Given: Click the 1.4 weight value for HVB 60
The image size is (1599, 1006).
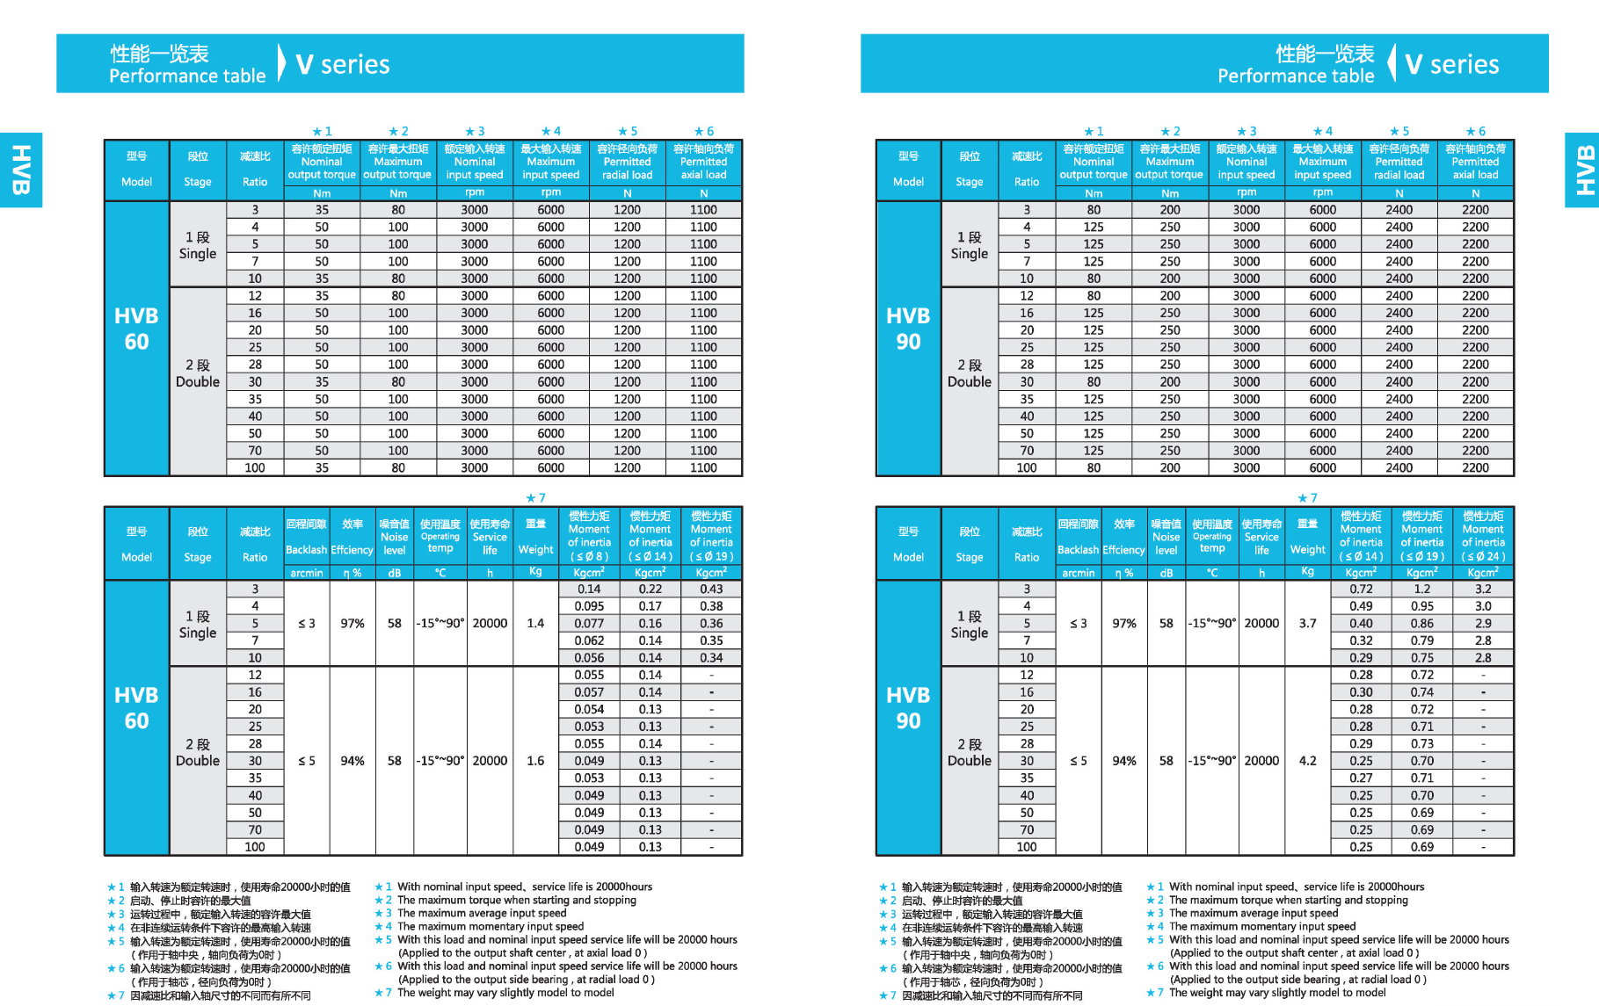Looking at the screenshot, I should (x=535, y=623).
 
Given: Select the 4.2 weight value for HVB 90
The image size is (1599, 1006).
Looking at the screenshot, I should (x=1307, y=761).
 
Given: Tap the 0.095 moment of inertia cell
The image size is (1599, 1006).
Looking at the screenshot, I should (x=589, y=606).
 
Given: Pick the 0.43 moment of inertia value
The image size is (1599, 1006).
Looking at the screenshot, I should (x=711, y=589).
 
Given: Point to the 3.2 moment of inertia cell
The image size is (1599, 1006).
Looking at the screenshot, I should (x=1483, y=589).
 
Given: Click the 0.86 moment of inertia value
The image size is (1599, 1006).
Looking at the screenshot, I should (x=1421, y=623).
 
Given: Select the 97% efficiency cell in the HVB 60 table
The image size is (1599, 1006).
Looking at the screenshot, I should (x=353, y=623).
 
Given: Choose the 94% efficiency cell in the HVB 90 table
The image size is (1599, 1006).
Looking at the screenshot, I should (x=1124, y=761).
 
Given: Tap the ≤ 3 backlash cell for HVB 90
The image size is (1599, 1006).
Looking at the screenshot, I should (x=1079, y=623).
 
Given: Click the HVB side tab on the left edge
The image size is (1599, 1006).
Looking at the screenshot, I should (x=21, y=170).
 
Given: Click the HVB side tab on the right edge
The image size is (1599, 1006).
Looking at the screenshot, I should (x=1583, y=170).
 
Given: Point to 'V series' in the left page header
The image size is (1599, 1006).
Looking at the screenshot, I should (x=343, y=64).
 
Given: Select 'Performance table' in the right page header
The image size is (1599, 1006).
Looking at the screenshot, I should (x=1295, y=76).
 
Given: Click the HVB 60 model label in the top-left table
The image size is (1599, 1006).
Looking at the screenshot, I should (x=136, y=329).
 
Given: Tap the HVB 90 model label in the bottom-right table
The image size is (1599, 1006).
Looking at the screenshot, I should (x=908, y=708).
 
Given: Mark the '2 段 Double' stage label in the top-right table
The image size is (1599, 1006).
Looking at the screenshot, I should (x=970, y=373).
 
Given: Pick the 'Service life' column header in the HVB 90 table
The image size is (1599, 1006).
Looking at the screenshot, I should (x=1261, y=537).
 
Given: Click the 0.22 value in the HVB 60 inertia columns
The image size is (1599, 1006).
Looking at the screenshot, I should (x=651, y=589).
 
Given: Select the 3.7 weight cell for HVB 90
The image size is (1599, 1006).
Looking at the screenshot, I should (x=1307, y=623).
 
